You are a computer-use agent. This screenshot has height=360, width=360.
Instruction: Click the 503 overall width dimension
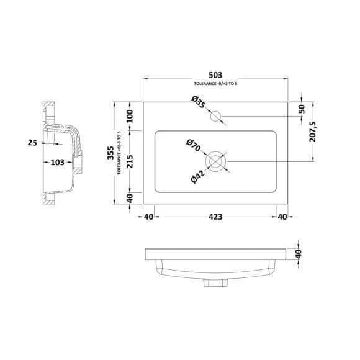click(215, 75)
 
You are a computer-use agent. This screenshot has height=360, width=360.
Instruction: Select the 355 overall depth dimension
click(110, 153)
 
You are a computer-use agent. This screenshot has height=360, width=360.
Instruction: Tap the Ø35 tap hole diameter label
click(198, 102)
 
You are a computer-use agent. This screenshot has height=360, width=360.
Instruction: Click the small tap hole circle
click(216, 116)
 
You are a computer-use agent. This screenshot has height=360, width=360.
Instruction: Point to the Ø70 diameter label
click(194, 145)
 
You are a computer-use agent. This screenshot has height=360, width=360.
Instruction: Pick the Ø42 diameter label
click(197, 177)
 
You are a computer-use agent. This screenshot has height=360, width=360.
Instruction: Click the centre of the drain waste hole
click(215, 161)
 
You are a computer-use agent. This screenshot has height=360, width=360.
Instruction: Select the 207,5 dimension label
click(313, 132)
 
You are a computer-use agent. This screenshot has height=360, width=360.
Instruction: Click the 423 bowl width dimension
click(215, 217)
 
